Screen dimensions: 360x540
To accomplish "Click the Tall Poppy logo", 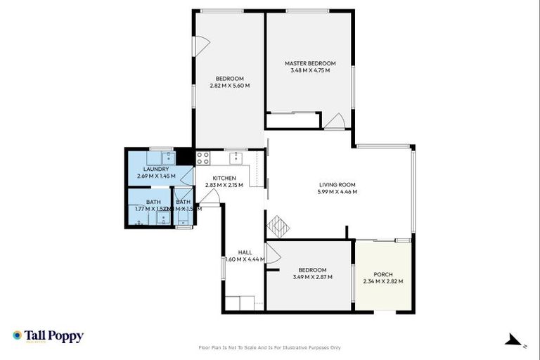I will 48,336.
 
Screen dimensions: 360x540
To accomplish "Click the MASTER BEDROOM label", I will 309,63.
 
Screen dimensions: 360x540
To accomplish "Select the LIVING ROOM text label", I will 337,184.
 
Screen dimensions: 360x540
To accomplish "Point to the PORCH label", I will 383,274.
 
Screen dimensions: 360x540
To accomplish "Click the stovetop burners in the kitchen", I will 202,157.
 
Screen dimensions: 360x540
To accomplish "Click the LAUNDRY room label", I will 156,169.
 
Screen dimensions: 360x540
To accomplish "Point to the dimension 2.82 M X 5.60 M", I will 229,86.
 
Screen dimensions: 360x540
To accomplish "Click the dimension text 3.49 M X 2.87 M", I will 311,277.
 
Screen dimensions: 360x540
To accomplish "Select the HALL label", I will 245,252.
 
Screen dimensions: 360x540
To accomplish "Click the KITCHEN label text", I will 224,178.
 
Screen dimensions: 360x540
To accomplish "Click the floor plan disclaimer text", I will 270,347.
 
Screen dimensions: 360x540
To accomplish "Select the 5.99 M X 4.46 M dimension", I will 337,191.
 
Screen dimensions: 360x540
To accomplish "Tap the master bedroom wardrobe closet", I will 292,121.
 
